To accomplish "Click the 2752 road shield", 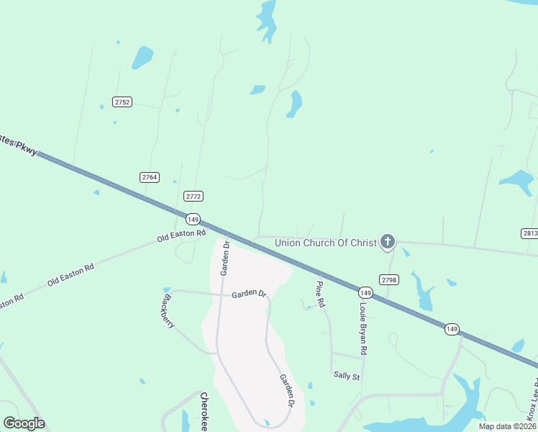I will point(122,102).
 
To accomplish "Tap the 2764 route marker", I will point(150,177).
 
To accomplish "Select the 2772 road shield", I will point(193,196).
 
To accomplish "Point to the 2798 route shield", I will point(388,279).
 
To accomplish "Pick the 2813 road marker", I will point(529,233).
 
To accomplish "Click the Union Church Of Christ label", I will point(326,243).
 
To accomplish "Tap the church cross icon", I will point(388,241).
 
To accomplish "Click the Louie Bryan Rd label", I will point(364,328).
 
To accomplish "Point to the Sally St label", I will point(346,375).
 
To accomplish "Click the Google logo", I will point(24,423).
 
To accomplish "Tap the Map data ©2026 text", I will point(506,426).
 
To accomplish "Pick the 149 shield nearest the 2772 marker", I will point(192,219).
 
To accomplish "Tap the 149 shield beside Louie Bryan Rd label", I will point(365,292).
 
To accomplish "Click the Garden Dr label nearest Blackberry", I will point(249,294).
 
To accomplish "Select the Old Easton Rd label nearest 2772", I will point(182,235).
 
